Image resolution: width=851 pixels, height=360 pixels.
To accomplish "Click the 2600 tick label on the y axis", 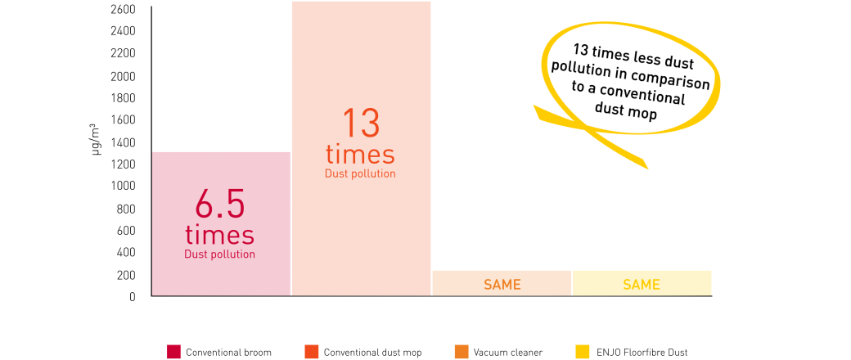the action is [124, 10].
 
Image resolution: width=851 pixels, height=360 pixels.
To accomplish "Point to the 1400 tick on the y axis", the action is [124, 142].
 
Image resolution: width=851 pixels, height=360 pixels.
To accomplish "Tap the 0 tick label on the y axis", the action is [133, 297].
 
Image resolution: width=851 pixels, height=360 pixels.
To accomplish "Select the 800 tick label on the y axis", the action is [127, 209].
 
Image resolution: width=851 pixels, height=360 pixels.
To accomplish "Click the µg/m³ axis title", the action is [97, 140].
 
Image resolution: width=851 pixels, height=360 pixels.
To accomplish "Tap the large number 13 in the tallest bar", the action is [360, 124].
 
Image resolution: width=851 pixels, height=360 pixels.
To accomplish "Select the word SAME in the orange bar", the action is [502, 285].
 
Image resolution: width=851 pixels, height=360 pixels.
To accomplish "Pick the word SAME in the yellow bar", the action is [642, 285].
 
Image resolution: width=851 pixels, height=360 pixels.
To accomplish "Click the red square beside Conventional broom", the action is [173, 352].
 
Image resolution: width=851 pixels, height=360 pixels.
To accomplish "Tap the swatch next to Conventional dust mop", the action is [312, 352].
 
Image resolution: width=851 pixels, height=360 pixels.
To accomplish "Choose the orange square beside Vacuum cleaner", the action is [462, 352].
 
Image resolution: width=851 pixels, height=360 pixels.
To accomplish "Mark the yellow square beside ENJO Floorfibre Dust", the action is [581, 352].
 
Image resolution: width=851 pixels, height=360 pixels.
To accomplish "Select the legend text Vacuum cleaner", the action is [508, 353].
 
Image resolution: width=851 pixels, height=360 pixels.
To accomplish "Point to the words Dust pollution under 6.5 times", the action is [220, 254].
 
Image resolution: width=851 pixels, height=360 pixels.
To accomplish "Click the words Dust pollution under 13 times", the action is [360, 173].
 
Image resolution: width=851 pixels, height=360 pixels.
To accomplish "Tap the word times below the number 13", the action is [360, 154].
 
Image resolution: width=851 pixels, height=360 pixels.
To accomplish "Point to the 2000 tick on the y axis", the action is [124, 76].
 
